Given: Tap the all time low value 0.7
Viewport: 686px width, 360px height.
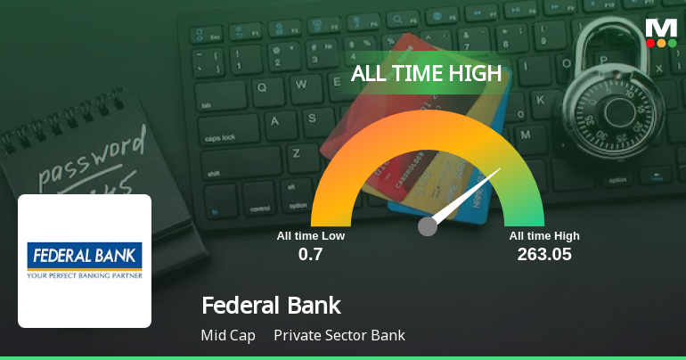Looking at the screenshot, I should click(x=310, y=254).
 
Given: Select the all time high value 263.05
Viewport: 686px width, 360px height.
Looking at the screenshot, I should click(x=544, y=254).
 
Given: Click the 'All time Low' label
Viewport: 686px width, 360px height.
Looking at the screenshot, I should click(x=310, y=236).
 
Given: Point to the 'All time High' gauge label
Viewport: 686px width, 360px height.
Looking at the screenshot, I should click(x=544, y=236).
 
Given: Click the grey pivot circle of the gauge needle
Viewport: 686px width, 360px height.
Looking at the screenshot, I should click(x=428, y=226).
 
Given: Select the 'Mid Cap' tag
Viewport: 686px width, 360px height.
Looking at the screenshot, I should click(x=228, y=336).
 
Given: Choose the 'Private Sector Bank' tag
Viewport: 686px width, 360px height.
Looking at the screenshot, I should click(x=339, y=336).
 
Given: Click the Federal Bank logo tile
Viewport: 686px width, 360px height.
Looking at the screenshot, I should click(x=85, y=260).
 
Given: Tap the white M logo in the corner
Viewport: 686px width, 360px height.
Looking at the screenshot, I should click(x=661, y=27).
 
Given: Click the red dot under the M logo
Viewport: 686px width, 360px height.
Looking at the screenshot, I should click(x=650, y=43).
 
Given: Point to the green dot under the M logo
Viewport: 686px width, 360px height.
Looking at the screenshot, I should click(x=672, y=43).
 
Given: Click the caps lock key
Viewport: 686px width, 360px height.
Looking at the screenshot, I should click(x=223, y=139).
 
